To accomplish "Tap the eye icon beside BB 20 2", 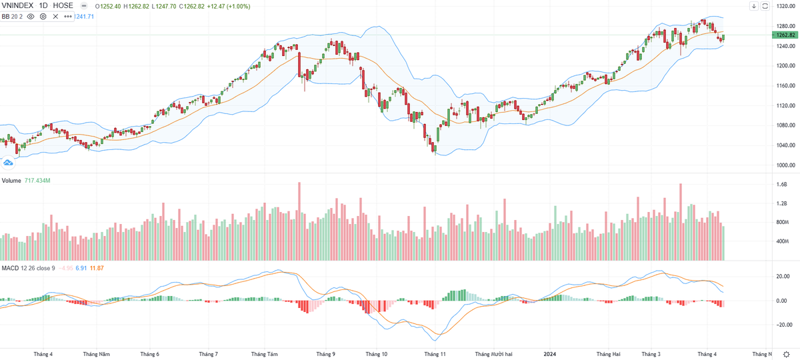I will [31, 16].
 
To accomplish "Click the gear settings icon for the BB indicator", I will [43, 16].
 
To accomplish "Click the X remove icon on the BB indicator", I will [56, 16].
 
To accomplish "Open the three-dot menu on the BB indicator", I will [68, 16].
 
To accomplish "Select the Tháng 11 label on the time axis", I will [435, 354].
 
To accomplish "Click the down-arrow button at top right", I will [753, 6].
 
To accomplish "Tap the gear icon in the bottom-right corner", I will [787, 354].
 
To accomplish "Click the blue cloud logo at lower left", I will [9, 162].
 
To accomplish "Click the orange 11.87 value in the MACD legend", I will [97, 268].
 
